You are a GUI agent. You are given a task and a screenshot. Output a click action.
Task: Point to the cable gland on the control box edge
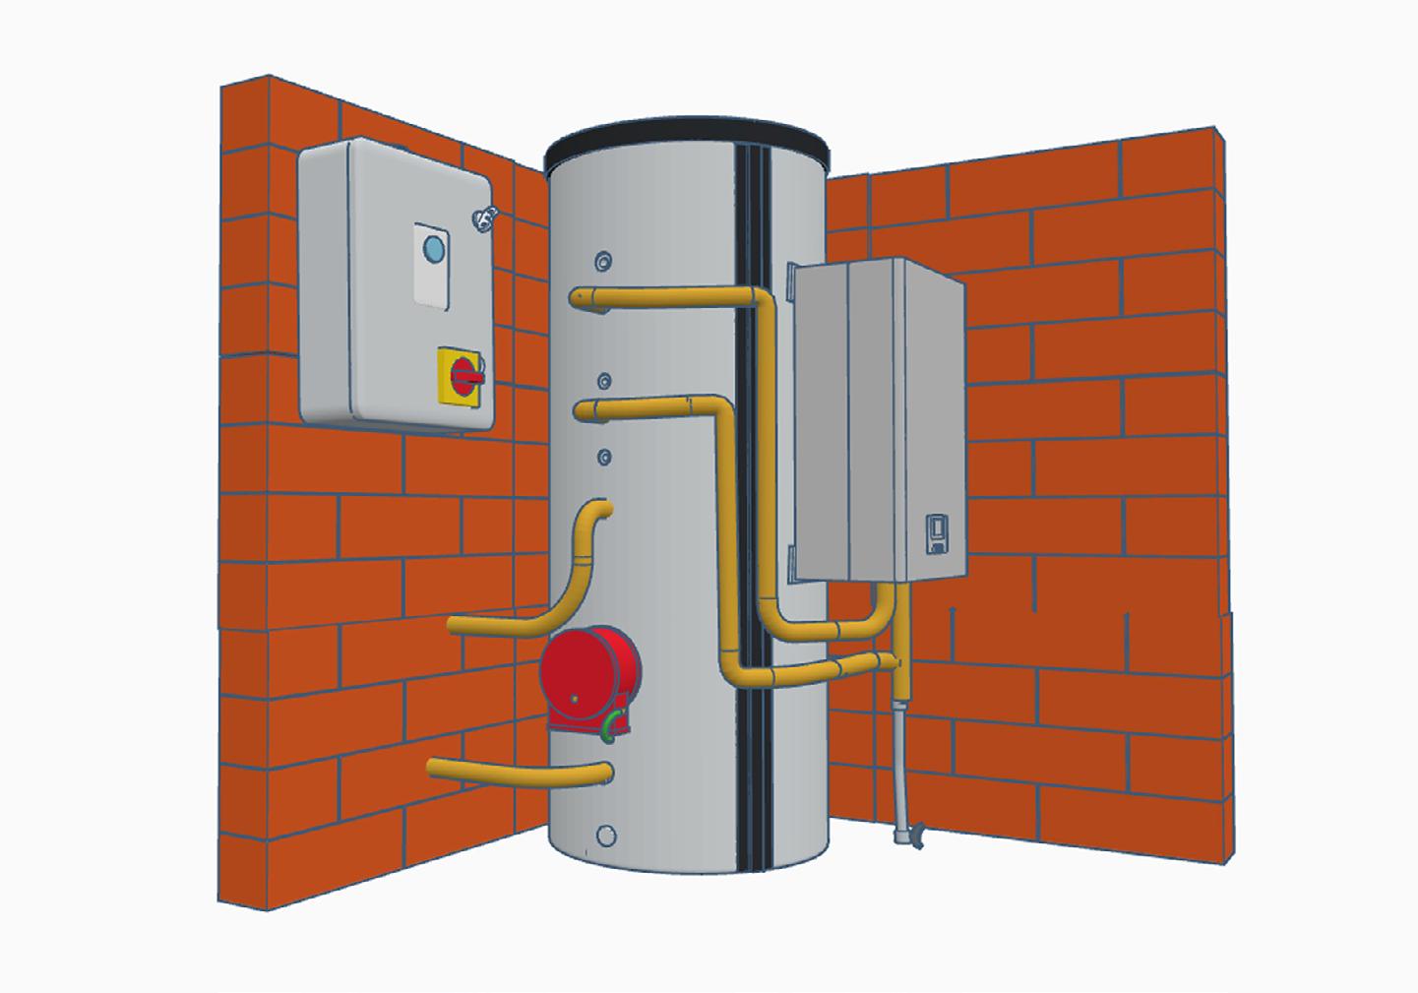483,218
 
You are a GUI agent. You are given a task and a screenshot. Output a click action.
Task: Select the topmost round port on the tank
602,260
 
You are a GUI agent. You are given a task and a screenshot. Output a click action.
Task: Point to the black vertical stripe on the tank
756,492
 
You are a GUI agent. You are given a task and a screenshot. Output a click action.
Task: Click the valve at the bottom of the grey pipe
910,838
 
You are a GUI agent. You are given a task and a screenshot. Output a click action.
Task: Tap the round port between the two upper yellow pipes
604,380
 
